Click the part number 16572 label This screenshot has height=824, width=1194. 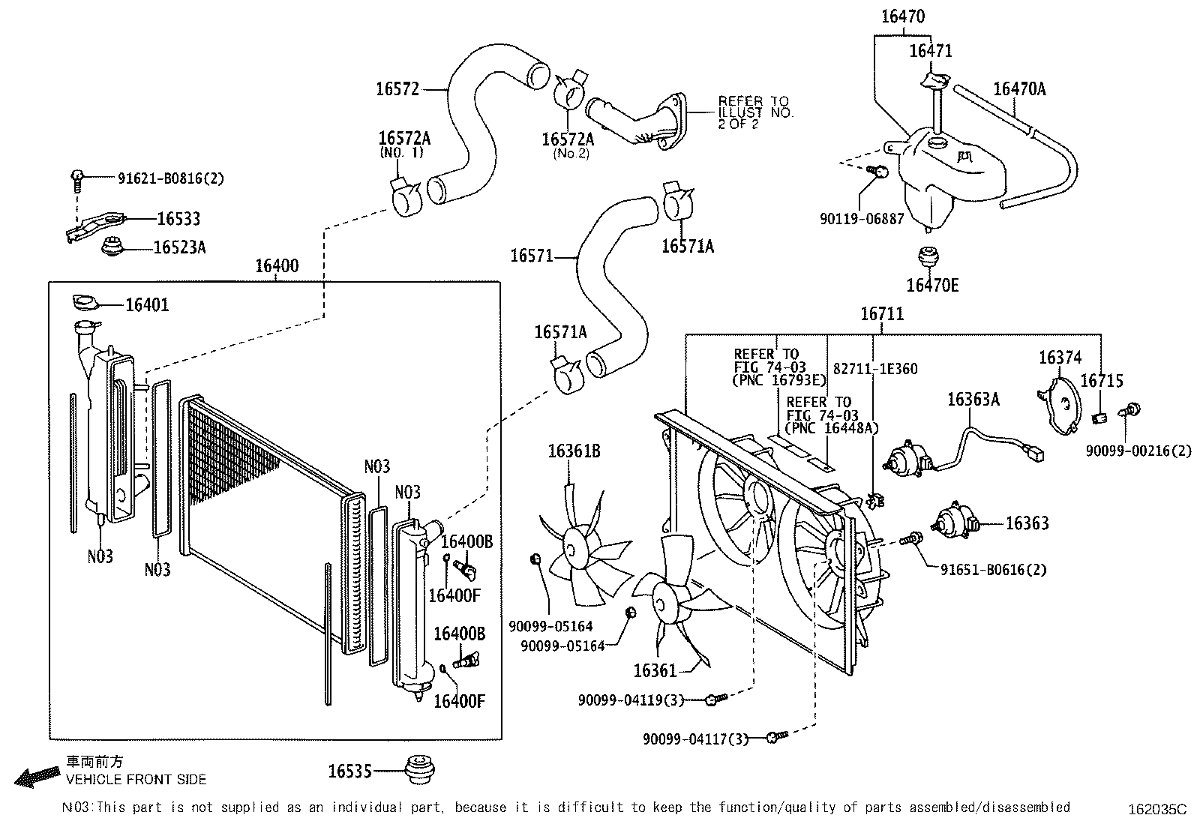[397, 89]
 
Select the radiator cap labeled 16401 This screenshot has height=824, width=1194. [85, 303]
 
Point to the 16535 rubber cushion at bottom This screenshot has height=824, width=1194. [419, 769]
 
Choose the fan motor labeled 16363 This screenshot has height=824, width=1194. [954, 521]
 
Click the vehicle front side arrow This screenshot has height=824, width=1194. [37, 776]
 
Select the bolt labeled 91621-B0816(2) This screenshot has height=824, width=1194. [77, 178]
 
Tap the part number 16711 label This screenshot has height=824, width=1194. [882, 313]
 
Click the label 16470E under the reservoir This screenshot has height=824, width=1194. [932, 286]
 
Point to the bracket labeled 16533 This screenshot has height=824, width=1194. [94, 226]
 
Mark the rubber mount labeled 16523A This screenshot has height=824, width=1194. [113, 246]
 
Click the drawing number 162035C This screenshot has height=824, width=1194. [1158, 810]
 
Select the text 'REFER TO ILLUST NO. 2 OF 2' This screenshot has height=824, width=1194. [754, 112]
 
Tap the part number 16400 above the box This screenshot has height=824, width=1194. [277, 266]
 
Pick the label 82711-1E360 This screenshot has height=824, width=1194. [875, 369]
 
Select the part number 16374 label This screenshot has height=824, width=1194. [1060, 358]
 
